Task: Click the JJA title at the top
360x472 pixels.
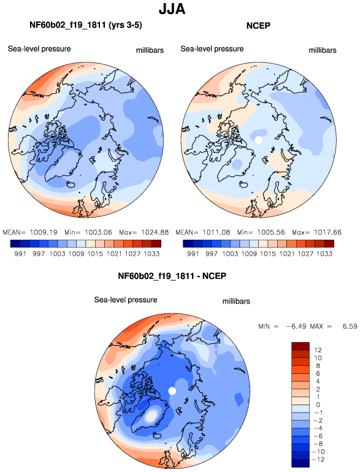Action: click(x=172, y=9)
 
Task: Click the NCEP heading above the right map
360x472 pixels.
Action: click(x=258, y=26)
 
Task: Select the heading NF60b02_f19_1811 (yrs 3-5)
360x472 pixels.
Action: click(x=86, y=25)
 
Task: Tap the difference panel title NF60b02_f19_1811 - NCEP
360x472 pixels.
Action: click(x=172, y=276)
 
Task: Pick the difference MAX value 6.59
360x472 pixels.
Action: click(x=350, y=326)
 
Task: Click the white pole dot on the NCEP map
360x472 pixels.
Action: click(x=258, y=140)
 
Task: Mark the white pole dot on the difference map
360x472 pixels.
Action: click(x=172, y=390)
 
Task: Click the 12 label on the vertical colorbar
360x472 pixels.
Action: click(x=318, y=350)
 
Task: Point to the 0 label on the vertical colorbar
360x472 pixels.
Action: click(x=318, y=405)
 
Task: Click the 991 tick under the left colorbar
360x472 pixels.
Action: click(x=20, y=254)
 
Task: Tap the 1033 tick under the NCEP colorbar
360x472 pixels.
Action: click(x=324, y=254)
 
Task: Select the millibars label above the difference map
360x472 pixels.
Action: click(x=236, y=302)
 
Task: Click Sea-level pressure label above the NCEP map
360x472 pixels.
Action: click(x=212, y=49)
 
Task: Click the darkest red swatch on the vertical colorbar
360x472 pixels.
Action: click(x=301, y=346)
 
